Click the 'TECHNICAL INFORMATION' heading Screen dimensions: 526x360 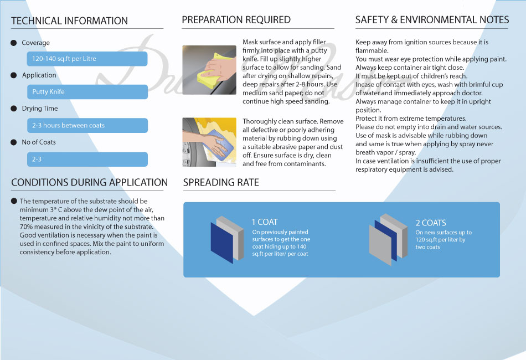[x=69, y=21]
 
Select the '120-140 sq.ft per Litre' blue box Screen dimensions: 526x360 [x=87, y=59]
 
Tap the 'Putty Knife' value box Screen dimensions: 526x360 [x=87, y=92]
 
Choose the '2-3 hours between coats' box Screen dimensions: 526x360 [x=87, y=126]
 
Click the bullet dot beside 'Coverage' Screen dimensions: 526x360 [x=14, y=43]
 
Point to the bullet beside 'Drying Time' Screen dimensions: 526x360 [x=14, y=109]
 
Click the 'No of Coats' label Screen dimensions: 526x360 [x=39, y=142]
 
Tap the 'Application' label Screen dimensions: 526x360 [x=39, y=75]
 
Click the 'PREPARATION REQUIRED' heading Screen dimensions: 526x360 [x=236, y=20]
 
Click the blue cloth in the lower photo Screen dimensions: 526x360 [x=220, y=143]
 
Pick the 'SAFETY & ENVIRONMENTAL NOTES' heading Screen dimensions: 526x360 [x=432, y=20]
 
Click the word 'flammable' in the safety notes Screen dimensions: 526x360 [x=372, y=50]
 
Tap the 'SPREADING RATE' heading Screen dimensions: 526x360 [x=221, y=183]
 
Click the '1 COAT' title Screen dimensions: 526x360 [x=265, y=222]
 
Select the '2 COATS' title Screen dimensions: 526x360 [x=431, y=223]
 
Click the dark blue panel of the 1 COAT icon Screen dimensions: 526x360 [x=221, y=243]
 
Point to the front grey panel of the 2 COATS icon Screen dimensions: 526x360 [x=380, y=245]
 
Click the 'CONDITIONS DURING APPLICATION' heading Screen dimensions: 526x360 [x=89, y=183]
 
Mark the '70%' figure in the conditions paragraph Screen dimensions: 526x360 [x=26, y=227]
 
